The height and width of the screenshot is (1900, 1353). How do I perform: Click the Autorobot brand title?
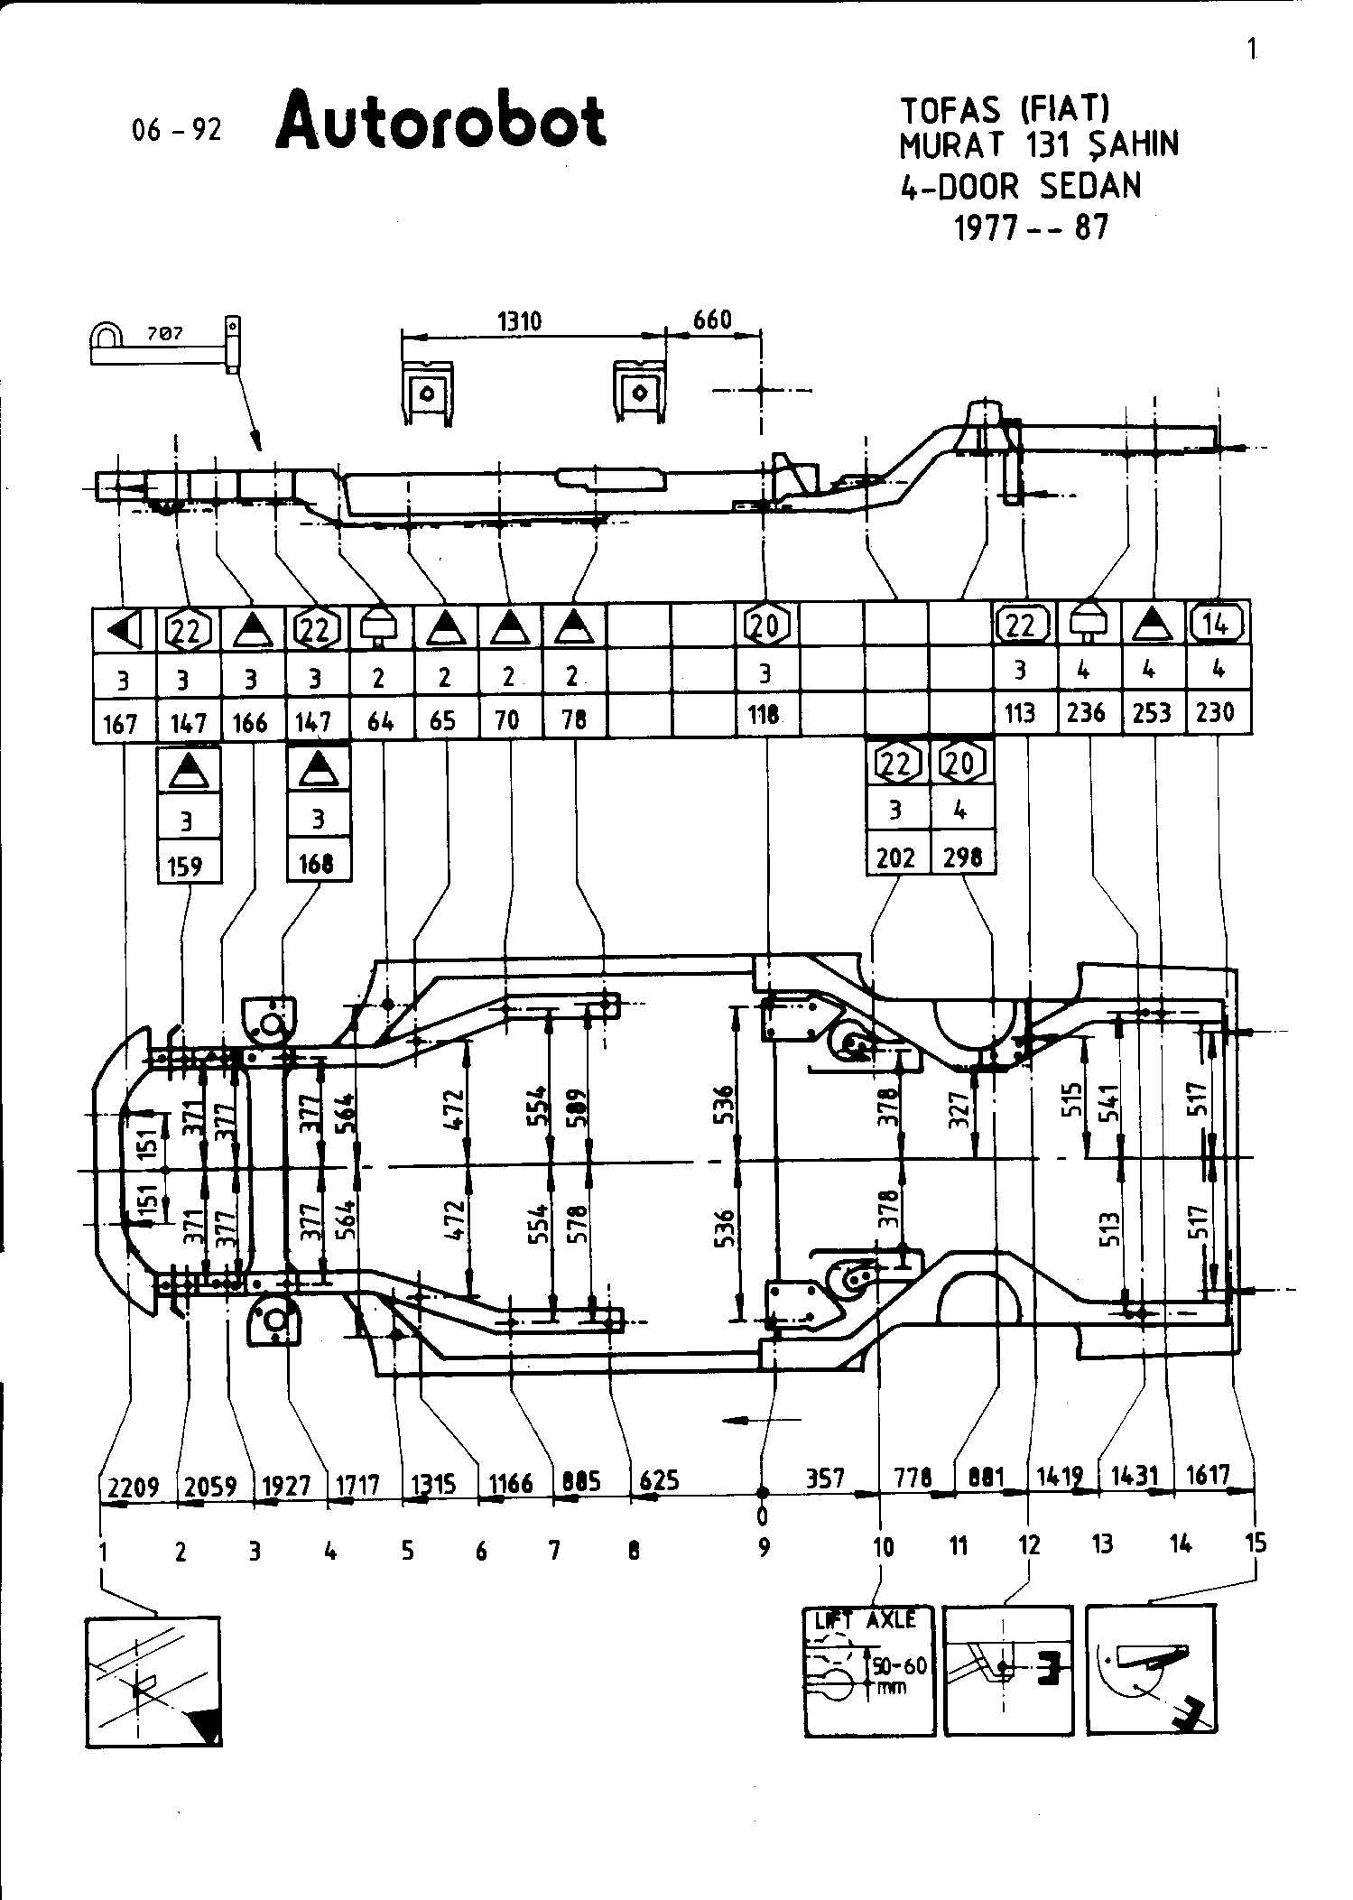click(x=440, y=122)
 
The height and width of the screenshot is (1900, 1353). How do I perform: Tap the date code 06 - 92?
click(x=176, y=130)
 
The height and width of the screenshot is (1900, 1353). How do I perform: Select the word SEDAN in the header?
click(x=1090, y=186)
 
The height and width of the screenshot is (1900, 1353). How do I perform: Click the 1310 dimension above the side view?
click(x=520, y=321)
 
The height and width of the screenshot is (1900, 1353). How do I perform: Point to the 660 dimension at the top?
click(x=712, y=320)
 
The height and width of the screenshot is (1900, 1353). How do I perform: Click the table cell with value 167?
click(x=120, y=723)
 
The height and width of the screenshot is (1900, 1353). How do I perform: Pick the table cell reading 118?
click(x=764, y=715)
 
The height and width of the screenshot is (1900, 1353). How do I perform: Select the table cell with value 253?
click(x=1152, y=713)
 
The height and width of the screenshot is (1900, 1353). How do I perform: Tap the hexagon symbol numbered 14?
click(x=1217, y=622)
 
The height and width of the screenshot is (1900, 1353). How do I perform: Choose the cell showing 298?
click(x=962, y=857)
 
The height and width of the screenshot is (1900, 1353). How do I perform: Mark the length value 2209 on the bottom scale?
click(x=134, y=1486)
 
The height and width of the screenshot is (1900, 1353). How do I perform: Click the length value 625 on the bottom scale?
click(x=659, y=1480)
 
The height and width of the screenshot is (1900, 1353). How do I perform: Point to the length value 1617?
click(x=1208, y=1475)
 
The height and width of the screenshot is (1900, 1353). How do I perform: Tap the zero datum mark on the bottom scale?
click(x=763, y=1511)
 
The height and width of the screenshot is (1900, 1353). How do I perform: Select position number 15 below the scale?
click(x=1256, y=1543)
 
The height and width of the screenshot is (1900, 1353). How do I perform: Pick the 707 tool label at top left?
click(x=164, y=333)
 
